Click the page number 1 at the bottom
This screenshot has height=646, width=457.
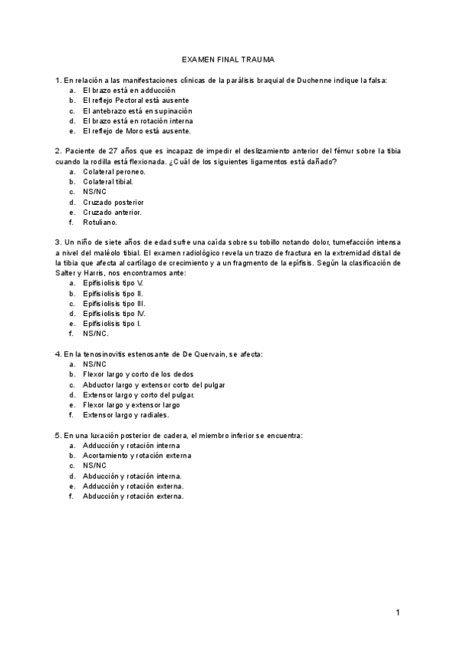click(398, 612)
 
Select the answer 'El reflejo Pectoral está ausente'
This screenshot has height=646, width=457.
click(136, 101)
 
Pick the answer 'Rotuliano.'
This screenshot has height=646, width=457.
click(100, 222)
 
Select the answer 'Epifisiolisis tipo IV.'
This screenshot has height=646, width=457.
click(114, 313)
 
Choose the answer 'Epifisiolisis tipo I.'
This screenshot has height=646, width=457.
click(112, 323)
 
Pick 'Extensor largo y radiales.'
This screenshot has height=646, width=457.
click(126, 415)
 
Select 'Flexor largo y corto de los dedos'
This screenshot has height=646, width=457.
click(138, 375)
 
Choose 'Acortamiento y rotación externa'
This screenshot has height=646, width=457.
click(137, 456)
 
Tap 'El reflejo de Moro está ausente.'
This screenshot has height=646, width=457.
click(136, 131)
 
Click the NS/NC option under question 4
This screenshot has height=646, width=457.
click(94, 364)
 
